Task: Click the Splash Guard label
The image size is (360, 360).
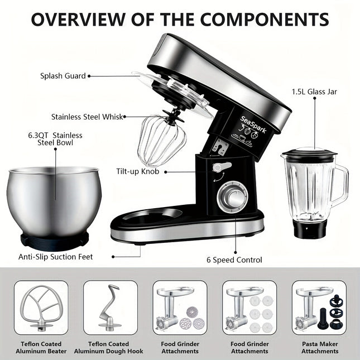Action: (63, 76)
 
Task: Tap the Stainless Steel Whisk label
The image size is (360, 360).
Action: (87, 117)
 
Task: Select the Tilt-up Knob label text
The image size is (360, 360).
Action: (138, 171)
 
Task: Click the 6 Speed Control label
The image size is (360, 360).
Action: (234, 260)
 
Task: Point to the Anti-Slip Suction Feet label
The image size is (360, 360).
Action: (55, 257)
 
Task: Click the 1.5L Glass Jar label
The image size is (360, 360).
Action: (314, 91)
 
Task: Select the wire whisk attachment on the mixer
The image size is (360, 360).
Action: (161, 140)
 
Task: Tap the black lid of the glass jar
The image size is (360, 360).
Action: (308, 151)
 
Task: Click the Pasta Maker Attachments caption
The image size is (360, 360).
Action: (320, 347)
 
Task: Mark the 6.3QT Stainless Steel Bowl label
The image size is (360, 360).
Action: (55, 138)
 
